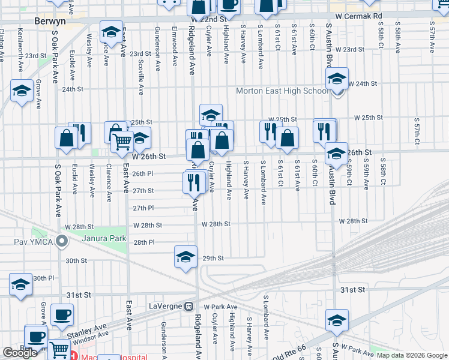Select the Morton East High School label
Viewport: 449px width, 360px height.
(x=282, y=91)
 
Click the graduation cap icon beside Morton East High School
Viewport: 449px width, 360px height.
(x=337, y=79)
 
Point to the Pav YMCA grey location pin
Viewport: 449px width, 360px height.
(x=61, y=242)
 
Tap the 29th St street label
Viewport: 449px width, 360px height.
(x=213, y=258)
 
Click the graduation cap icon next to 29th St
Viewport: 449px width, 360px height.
(x=186, y=257)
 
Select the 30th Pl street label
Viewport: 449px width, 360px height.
(x=43, y=278)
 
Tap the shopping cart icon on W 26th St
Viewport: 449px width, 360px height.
(x=122, y=142)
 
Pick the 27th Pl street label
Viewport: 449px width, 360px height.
(x=143, y=208)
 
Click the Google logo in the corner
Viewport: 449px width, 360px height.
(x=20, y=353)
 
